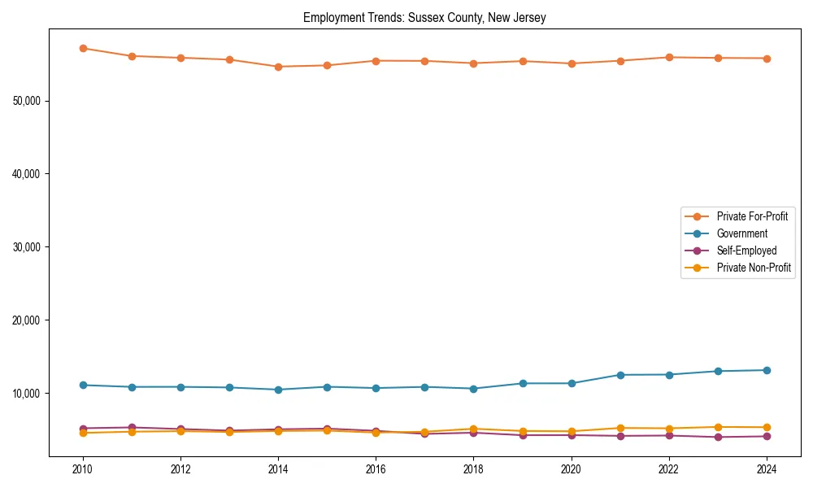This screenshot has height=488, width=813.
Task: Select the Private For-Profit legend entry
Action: pos(751,216)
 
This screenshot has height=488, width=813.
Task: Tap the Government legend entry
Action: pos(741,233)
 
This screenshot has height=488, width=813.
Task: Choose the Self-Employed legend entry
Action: pos(746,251)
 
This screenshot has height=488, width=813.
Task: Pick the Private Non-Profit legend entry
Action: pos(754,268)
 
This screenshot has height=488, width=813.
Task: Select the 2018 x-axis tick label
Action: pos(473,469)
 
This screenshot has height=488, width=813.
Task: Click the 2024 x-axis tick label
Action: pos(767,469)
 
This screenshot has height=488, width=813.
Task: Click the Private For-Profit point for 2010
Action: pos(83,48)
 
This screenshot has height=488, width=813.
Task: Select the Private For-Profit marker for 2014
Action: pos(278,67)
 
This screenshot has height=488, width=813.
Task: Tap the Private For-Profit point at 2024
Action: pos(767,59)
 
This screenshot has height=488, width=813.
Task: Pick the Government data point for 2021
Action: pos(620,375)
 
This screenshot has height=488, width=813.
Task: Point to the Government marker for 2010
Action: pos(83,385)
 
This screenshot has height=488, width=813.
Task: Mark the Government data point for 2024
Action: pos(767,370)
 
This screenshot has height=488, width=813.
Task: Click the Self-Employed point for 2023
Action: pos(718,437)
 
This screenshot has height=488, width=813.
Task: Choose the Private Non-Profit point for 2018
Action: pos(473,429)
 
